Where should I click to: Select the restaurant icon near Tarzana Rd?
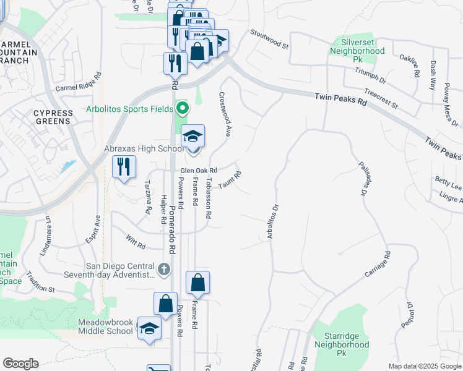click(124, 166)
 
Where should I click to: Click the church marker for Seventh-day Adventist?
click(163, 269)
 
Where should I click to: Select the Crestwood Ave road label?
click(224, 114)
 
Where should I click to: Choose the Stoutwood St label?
click(269, 38)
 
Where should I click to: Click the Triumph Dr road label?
click(370, 76)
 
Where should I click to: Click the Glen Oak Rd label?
click(199, 170)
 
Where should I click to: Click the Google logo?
click(20, 364)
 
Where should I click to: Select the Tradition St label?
click(40, 285)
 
